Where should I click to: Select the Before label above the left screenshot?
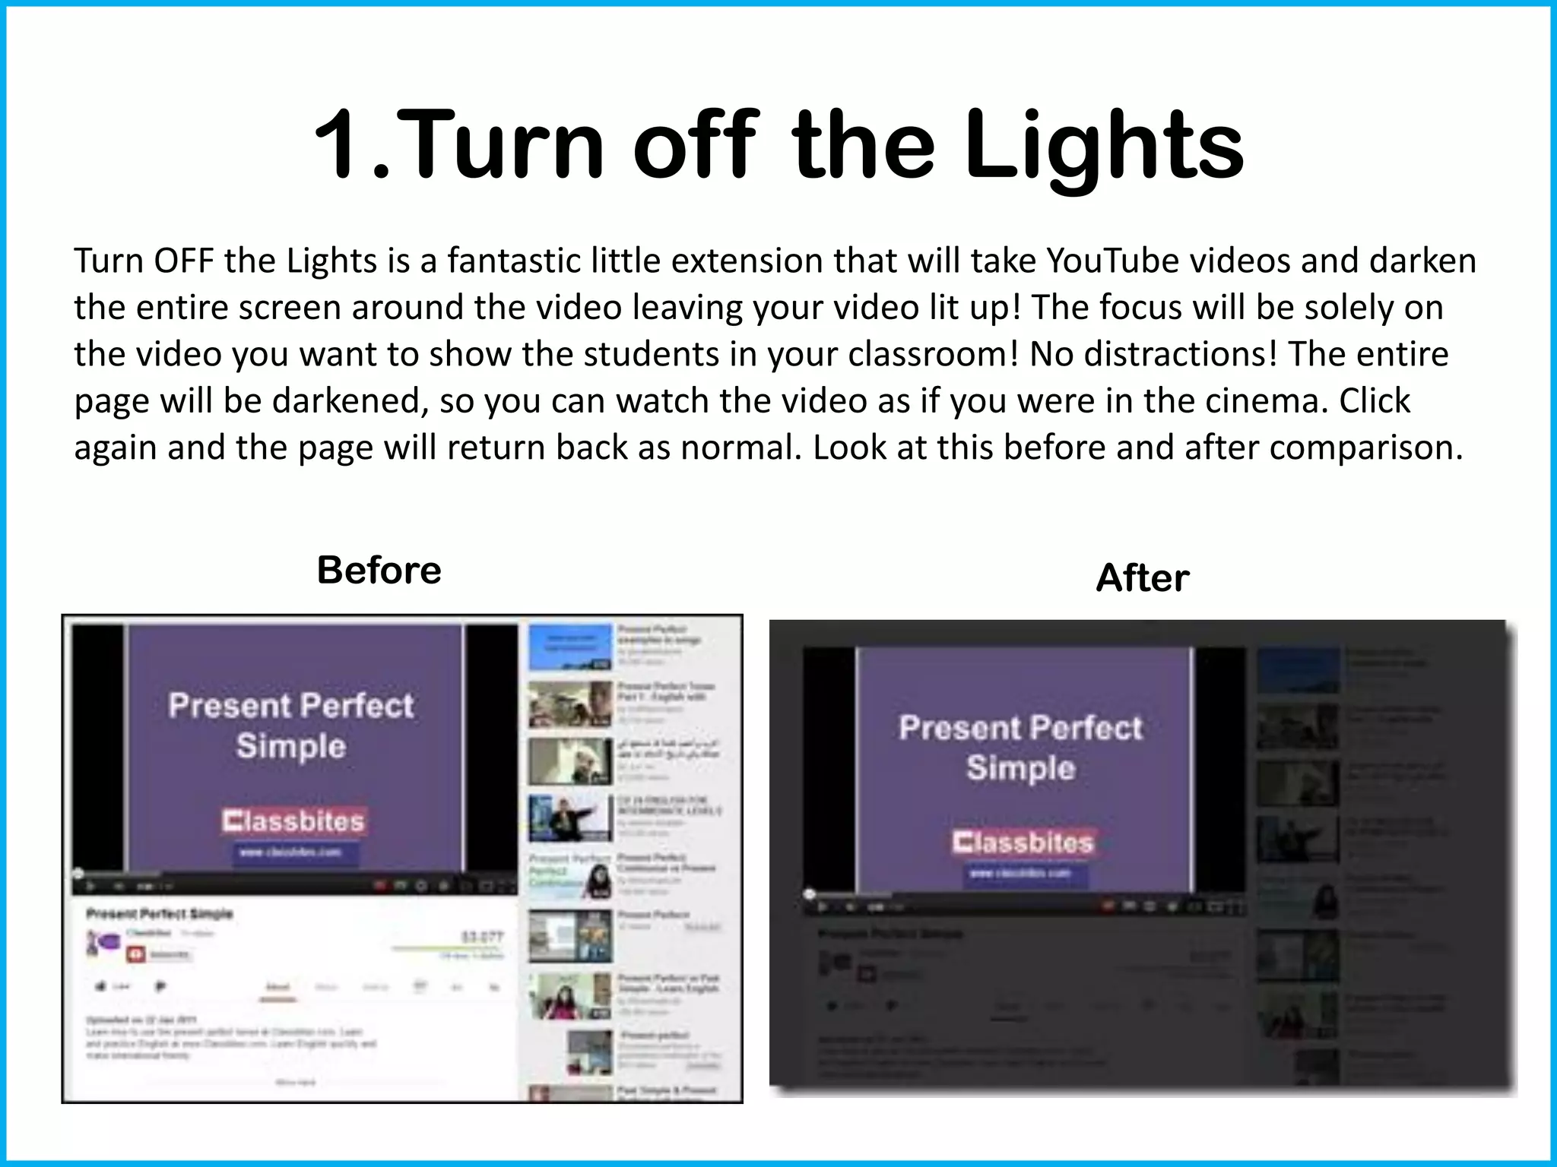tap(379, 570)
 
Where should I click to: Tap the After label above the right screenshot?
tap(1142, 578)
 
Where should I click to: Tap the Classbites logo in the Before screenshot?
tap(294, 821)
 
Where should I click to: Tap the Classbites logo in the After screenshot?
tap(1023, 843)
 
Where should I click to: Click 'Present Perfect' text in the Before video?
tap(291, 706)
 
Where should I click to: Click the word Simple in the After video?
tap(1020, 768)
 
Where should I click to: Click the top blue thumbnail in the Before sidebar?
tap(570, 647)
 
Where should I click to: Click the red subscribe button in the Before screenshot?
tap(136, 954)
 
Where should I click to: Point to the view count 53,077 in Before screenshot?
tap(482, 937)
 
